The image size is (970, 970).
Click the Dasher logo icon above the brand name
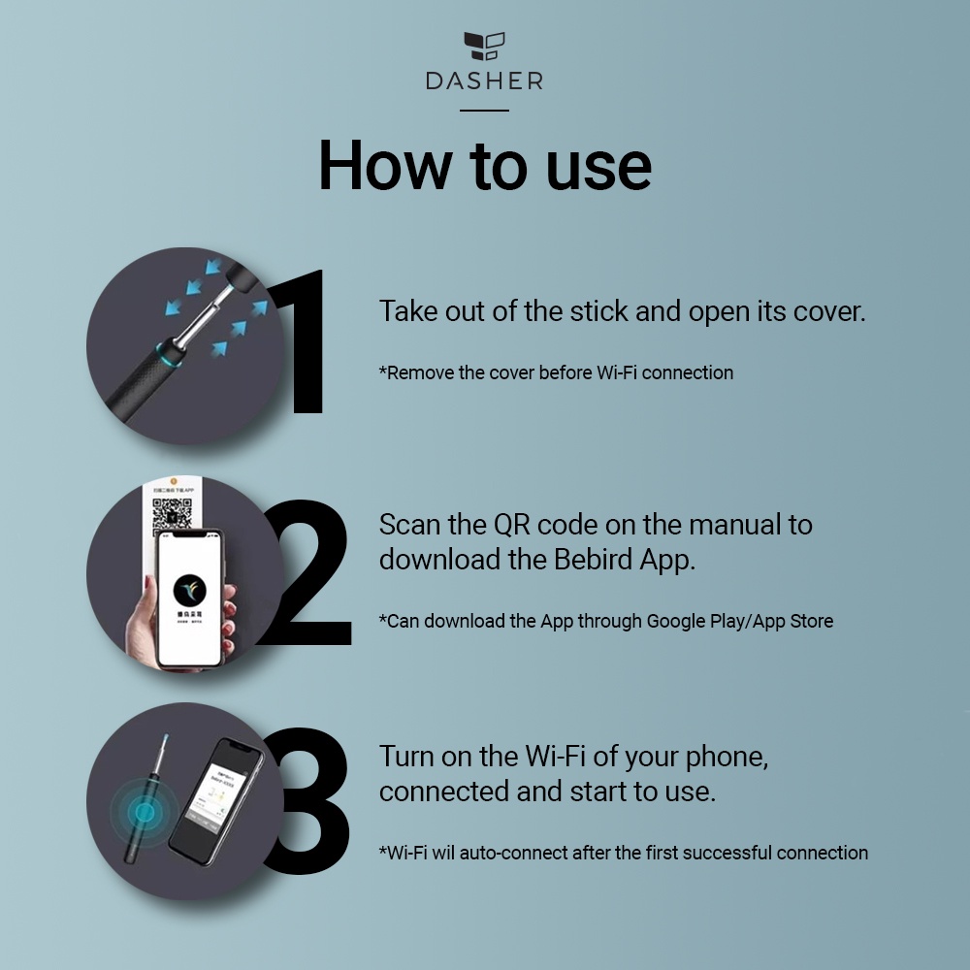(x=484, y=47)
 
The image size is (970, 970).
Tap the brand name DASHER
(x=484, y=81)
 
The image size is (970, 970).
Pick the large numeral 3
(x=308, y=801)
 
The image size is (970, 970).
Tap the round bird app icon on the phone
(x=190, y=590)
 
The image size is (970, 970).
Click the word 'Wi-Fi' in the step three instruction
(x=555, y=756)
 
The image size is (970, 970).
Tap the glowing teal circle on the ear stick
(x=145, y=812)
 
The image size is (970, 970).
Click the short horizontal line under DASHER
(x=484, y=111)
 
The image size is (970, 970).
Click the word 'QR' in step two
(x=511, y=525)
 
